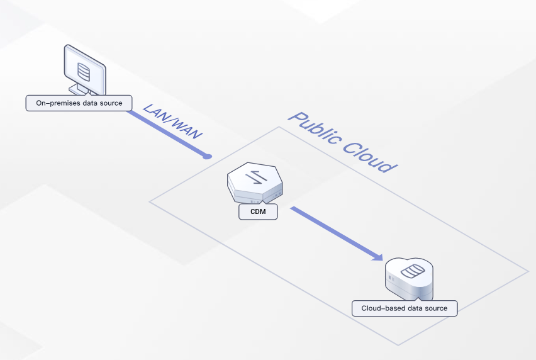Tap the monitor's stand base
click(81, 91)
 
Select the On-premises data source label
click(79, 103)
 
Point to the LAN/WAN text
click(173, 119)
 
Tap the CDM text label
click(258, 211)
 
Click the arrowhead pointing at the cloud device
click(377, 256)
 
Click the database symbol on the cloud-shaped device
click(413, 273)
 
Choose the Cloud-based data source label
click(405, 308)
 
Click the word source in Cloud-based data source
click(436, 308)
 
